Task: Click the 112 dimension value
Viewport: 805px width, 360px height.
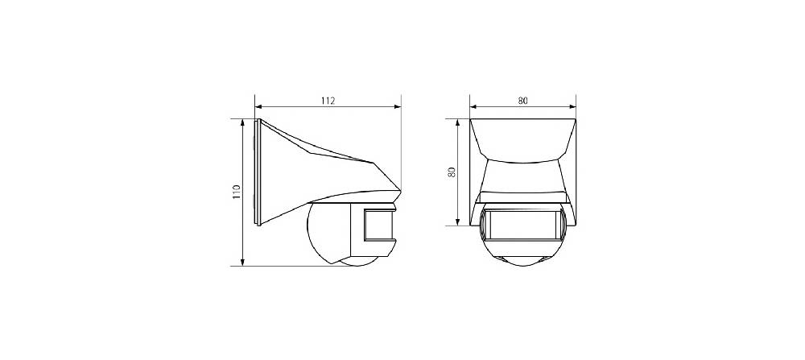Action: pos(328,101)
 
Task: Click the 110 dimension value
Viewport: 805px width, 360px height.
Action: pos(237,192)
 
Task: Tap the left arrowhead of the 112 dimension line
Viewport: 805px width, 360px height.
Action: pos(258,107)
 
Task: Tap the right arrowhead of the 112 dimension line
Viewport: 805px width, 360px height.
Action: pos(398,107)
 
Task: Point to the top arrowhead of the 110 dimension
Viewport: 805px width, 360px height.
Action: pos(243,123)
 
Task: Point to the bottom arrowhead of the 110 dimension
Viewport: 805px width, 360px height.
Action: pos(243,262)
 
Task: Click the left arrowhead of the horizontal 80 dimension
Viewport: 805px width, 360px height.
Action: pos(474,107)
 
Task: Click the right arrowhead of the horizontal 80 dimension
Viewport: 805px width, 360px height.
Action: pos(572,107)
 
